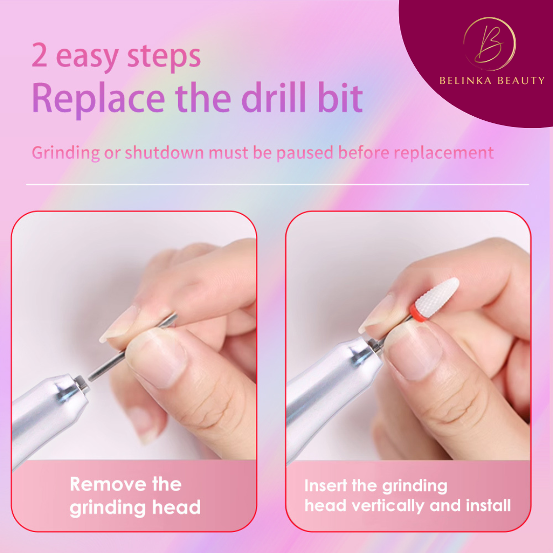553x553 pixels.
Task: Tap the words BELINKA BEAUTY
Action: [492, 81]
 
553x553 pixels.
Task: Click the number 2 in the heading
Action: [39, 55]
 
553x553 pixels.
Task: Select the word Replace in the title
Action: [98, 98]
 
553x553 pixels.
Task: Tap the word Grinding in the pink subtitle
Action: [66, 153]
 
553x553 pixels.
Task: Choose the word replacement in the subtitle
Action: [443, 153]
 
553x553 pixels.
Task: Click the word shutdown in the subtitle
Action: [164, 153]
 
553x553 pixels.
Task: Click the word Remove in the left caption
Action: [108, 484]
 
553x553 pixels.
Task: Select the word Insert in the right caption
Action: [326, 485]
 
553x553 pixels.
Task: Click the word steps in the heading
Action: [164, 56]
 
